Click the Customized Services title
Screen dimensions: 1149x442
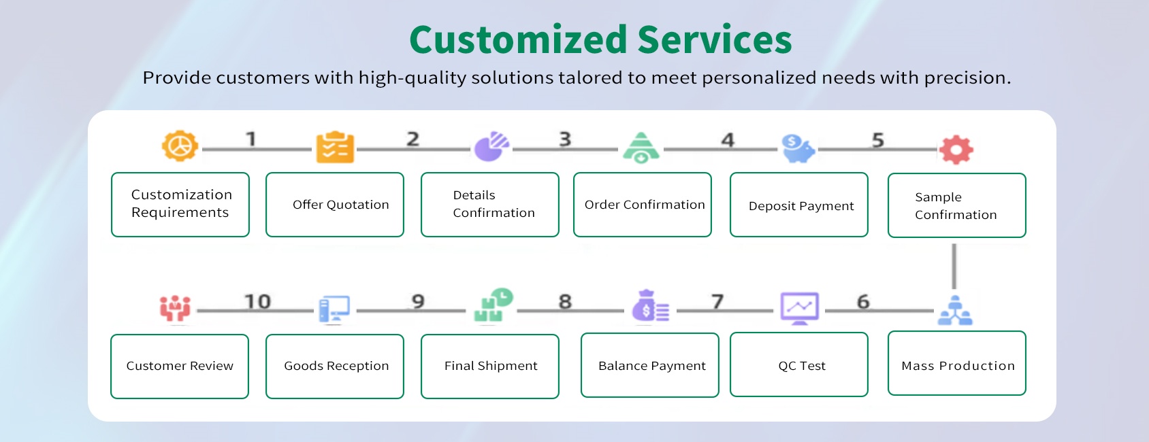pos(600,39)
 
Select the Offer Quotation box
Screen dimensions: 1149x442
pos(335,205)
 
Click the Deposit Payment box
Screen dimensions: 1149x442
pos(799,205)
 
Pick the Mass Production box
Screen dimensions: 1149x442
pos(957,363)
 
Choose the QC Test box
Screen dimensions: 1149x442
pos(799,364)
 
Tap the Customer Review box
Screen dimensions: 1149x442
pos(180,367)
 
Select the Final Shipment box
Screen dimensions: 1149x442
pos(490,367)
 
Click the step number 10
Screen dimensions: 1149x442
pos(257,302)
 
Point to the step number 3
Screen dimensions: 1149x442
pos(565,139)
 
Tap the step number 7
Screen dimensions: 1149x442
pos(717,302)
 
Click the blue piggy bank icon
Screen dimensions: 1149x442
pos(798,148)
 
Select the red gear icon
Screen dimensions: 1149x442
pos(956,150)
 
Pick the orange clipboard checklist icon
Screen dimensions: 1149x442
pos(335,148)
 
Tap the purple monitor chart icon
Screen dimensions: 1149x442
pos(799,308)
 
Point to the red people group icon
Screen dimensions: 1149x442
pos(175,308)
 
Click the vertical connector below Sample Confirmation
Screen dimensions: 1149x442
pos(954,267)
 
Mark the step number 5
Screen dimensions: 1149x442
pos(878,140)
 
